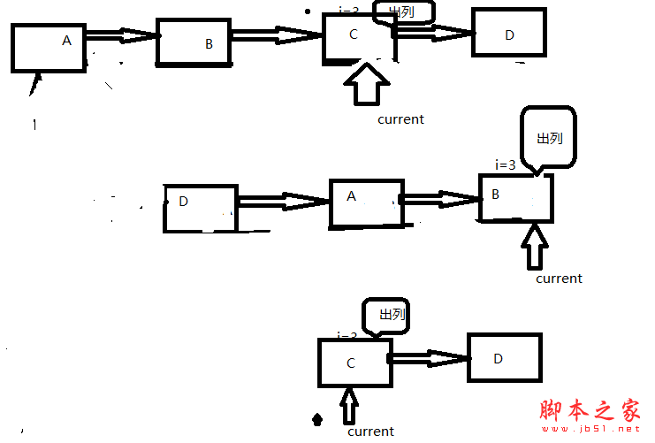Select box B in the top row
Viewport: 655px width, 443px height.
click(193, 42)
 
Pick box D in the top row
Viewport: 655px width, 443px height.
click(508, 32)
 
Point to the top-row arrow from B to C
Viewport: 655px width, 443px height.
click(277, 34)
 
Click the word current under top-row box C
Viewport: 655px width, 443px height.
click(400, 118)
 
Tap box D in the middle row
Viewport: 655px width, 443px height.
click(200, 208)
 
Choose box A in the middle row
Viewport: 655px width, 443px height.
click(363, 202)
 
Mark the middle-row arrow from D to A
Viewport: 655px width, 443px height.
click(284, 202)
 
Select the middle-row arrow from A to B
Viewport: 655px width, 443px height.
click(439, 198)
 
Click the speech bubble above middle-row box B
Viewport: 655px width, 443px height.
click(549, 138)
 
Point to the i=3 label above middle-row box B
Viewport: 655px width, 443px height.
click(505, 164)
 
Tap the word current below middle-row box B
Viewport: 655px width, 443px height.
click(559, 278)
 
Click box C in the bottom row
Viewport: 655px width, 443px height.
click(354, 363)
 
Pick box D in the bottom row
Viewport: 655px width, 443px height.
click(504, 357)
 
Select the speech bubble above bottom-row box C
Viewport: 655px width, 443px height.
click(386, 316)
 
